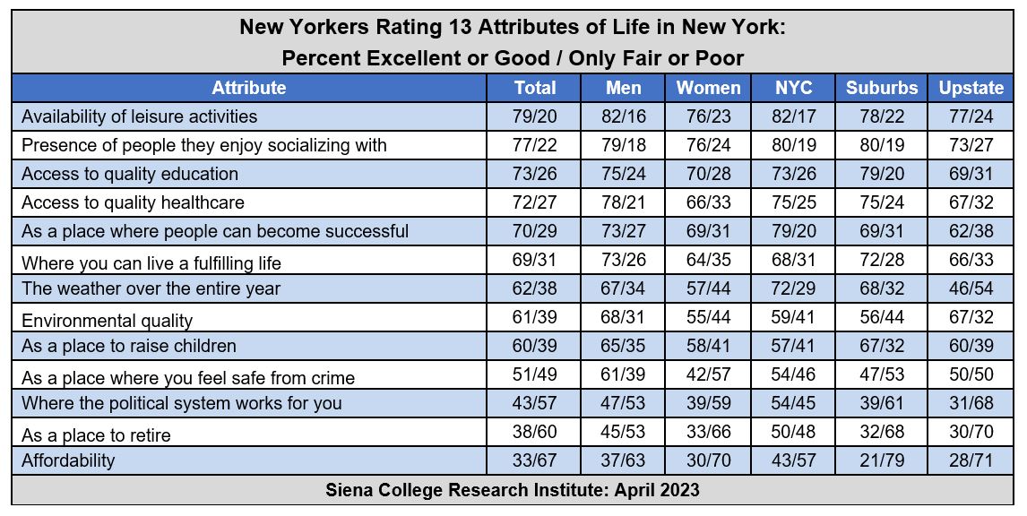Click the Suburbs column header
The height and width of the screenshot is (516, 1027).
[x=882, y=88]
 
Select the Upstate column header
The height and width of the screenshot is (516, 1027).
[x=971, y=88]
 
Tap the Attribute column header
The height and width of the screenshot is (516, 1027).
[x=249, y=88]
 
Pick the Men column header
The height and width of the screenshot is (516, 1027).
[x=623, y=88]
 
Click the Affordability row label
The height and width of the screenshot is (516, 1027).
[x=68, y=460]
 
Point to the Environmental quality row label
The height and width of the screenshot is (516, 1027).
[x=107, y=321]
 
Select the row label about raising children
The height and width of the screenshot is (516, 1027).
[x=129, y=346]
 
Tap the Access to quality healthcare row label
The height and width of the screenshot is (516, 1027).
[x=133, y=202]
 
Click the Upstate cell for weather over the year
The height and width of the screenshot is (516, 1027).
[x=971, y=288]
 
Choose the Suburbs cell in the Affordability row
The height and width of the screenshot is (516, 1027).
[x=882, y=460]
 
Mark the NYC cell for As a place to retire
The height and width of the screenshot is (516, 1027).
[x=793, y=432]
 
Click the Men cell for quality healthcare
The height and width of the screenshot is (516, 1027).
[x=623, y=202]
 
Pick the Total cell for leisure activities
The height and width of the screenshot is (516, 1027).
[x=534, y=116]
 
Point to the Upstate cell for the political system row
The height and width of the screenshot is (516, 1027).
[x=971, y=403]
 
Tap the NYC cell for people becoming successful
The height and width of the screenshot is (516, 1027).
[x=793, y=231]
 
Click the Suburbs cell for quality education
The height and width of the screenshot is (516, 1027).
[x=882, y=174]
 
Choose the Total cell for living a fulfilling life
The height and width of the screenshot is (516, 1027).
[x=534, y=260]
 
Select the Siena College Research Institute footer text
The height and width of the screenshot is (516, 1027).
[x=513, y=490]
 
